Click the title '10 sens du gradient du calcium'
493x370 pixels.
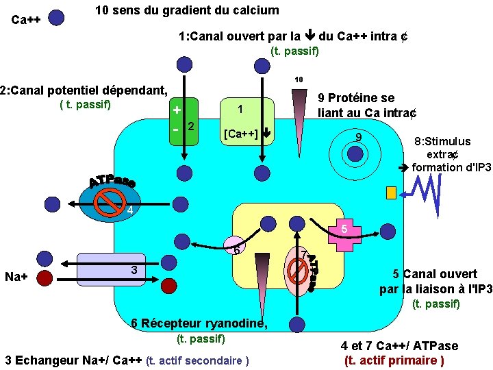(x=187, y=10)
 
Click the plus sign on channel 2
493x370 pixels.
(x=177, y=110)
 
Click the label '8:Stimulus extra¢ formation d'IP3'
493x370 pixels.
(x=450, y=153)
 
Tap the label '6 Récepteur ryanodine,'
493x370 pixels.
(x=199, y=323)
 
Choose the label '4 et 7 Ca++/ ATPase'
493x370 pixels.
(x=400, y=346)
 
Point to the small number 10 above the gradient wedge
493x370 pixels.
(x=299, y=79)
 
